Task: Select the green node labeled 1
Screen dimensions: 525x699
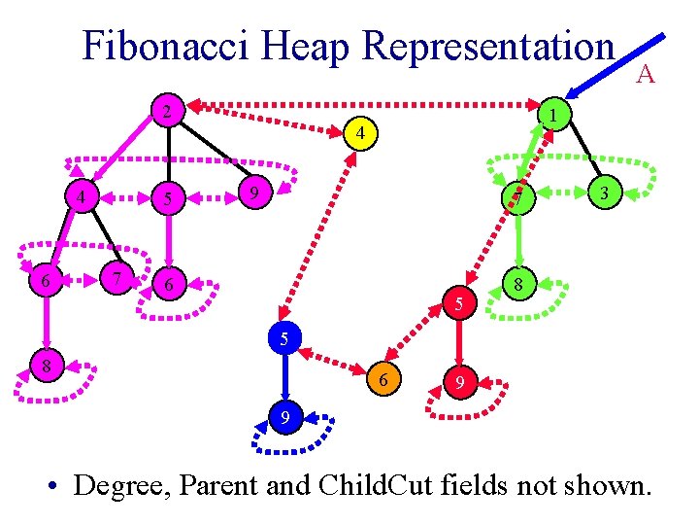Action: pos(550,115)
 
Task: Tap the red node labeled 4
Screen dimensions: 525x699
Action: pos(359,132)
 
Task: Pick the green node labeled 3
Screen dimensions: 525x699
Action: pos(604,193)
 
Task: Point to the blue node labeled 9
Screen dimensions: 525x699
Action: pos(283,418)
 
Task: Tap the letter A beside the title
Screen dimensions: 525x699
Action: pos(646,74)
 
